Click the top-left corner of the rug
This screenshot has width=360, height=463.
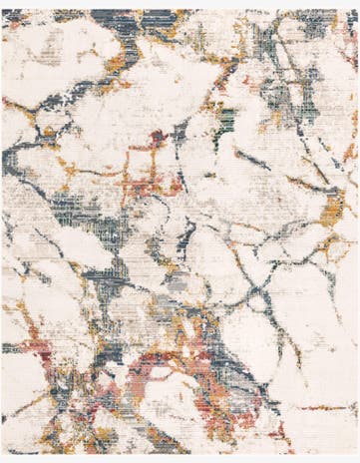coord(2,10)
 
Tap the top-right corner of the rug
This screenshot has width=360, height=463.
coord(357,10)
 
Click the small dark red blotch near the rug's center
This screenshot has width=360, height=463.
coord(158,137)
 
